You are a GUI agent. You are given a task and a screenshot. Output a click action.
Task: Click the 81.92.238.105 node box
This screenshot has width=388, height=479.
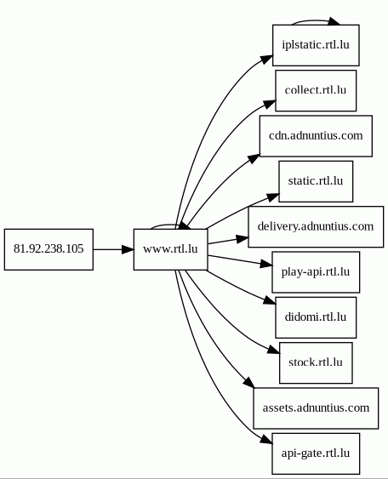click(x=48, y=249)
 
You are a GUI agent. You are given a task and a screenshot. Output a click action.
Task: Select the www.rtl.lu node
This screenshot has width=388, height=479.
click(x=170, y=249)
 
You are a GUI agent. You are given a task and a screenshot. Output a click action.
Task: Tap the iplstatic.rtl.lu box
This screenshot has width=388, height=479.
click(x=316, y=45)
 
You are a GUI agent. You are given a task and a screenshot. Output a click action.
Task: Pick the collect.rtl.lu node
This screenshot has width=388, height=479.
click(x=316, y=91)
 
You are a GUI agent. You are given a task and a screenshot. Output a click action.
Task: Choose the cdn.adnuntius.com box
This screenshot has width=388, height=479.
click(x=316, y=136)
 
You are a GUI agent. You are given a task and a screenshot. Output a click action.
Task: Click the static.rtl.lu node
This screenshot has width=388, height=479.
click(x=316, y=181)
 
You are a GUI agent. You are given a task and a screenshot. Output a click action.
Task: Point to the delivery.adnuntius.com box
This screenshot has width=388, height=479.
click(x=316, y=226)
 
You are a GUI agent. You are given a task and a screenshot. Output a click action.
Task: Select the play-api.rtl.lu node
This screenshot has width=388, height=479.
click(x=316, y=272)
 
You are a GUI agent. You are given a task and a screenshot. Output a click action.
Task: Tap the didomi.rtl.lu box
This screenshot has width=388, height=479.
click(x=316, y=317)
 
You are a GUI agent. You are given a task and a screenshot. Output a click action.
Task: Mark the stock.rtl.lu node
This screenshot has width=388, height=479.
click(x=316, y=363)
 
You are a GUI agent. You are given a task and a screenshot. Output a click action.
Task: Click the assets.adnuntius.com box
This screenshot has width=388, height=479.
click(x=316, y=408)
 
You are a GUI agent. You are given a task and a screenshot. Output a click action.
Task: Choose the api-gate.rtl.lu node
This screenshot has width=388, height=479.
click(x=316, y=453)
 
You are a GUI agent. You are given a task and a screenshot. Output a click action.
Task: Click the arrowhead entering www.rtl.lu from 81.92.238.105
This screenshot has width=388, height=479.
click(x=128, y=249)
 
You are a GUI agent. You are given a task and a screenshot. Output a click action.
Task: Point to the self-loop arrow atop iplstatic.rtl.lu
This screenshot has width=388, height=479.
click(x=316, y=20)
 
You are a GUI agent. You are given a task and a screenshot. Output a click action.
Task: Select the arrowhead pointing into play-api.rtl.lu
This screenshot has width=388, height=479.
click(x=266, y=265)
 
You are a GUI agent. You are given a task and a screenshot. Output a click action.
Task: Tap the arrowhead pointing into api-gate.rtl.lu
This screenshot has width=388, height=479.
click(x=266, y=440)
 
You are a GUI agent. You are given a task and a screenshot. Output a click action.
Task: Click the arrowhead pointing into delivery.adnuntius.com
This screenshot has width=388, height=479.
click(x=242, y=239)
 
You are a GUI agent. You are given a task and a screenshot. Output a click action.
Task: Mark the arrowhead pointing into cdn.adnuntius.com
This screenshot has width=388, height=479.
click(x=254, y=159)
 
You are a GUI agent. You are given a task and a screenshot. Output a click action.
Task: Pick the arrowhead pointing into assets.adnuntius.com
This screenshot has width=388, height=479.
click(x=248, y=383)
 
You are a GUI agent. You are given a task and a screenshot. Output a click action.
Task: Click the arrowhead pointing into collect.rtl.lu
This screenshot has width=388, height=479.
click(x=270, y=104)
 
